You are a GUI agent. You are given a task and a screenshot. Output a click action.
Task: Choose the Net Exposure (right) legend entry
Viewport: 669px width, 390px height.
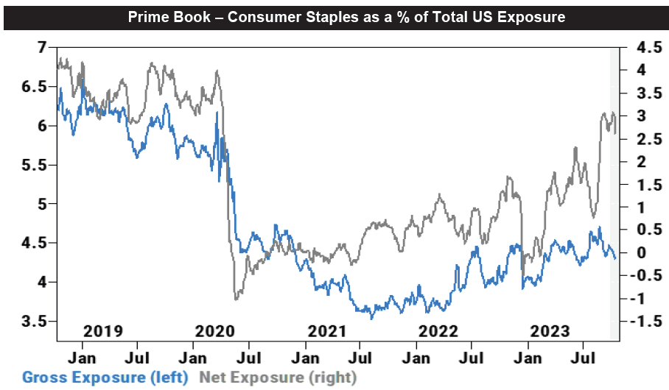(x=278, y=377)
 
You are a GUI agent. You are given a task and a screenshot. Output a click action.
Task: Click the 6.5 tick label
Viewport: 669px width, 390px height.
(x=33, y=87)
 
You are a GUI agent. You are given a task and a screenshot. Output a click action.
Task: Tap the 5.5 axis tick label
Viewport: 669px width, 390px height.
(x=33, y=165)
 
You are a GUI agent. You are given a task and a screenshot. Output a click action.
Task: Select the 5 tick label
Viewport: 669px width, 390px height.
(x=41, y=204)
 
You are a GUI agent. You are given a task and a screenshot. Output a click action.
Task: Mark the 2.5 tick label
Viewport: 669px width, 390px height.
(x=638, y=138)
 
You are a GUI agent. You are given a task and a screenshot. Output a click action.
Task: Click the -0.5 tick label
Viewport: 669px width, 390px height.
(x=636, y=275)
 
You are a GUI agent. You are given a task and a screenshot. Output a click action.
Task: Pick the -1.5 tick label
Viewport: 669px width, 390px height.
(x=636, y=321)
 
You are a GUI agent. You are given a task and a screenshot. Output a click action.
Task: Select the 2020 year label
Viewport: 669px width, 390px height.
(x=215, y=330)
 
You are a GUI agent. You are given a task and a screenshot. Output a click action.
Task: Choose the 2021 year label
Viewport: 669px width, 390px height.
(x=327, y=330)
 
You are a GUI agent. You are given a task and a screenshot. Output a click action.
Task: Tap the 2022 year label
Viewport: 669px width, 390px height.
(x=439, y=330)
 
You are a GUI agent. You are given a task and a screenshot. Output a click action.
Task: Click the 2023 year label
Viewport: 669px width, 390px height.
(x=551, y=330)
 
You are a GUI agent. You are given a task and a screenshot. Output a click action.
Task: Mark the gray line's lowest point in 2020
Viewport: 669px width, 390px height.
(x=236, y=299)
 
